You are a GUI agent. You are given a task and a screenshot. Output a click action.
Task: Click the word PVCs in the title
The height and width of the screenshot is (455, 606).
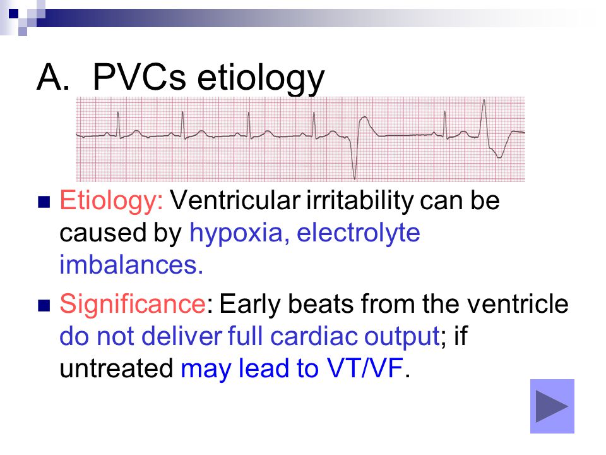pos(140,77)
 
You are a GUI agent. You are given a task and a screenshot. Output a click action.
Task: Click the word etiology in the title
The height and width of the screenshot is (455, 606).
pos(261,79)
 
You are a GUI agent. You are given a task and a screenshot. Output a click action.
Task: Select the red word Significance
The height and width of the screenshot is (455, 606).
pos(132,304)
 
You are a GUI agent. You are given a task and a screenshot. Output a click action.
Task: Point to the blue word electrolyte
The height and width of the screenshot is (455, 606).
pos(359,233)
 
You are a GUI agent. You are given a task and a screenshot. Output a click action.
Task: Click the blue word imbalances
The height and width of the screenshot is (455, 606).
pos(131,265)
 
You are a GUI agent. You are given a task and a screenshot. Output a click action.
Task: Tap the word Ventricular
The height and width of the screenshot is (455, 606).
pos(235,200)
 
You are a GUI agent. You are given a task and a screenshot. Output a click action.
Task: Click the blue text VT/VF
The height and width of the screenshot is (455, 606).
pos(365,368)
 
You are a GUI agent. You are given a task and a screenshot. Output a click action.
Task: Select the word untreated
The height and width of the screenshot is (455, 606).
pos(116,368)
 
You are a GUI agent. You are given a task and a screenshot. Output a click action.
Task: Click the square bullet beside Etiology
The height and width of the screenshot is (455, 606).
pos(44,202)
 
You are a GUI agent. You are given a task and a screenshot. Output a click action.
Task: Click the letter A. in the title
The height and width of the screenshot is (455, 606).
pos(53,77)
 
